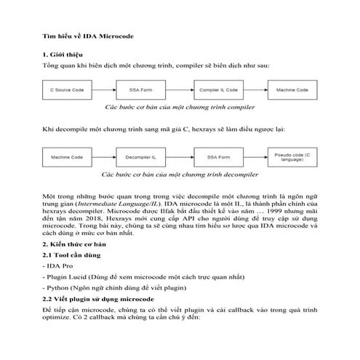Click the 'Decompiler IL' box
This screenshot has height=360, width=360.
[x=143, y=156]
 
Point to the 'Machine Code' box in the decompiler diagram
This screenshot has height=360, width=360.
[x=67, y=156]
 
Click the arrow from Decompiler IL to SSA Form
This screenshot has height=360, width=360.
[x=180, y=156]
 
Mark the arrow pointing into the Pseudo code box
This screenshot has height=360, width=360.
[x=255, y=156]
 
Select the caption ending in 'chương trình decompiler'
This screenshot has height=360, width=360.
[x=179, y=175]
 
